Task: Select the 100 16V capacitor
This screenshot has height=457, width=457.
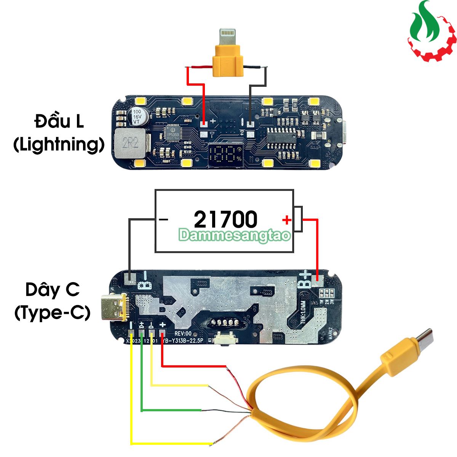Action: [137, 116]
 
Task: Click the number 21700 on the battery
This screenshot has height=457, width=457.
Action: [225, 219]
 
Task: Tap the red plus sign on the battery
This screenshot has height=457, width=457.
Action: [287, 220]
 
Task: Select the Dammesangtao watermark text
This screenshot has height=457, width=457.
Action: [235, 235]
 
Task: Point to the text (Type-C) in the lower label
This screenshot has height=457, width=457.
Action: [52, 314]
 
